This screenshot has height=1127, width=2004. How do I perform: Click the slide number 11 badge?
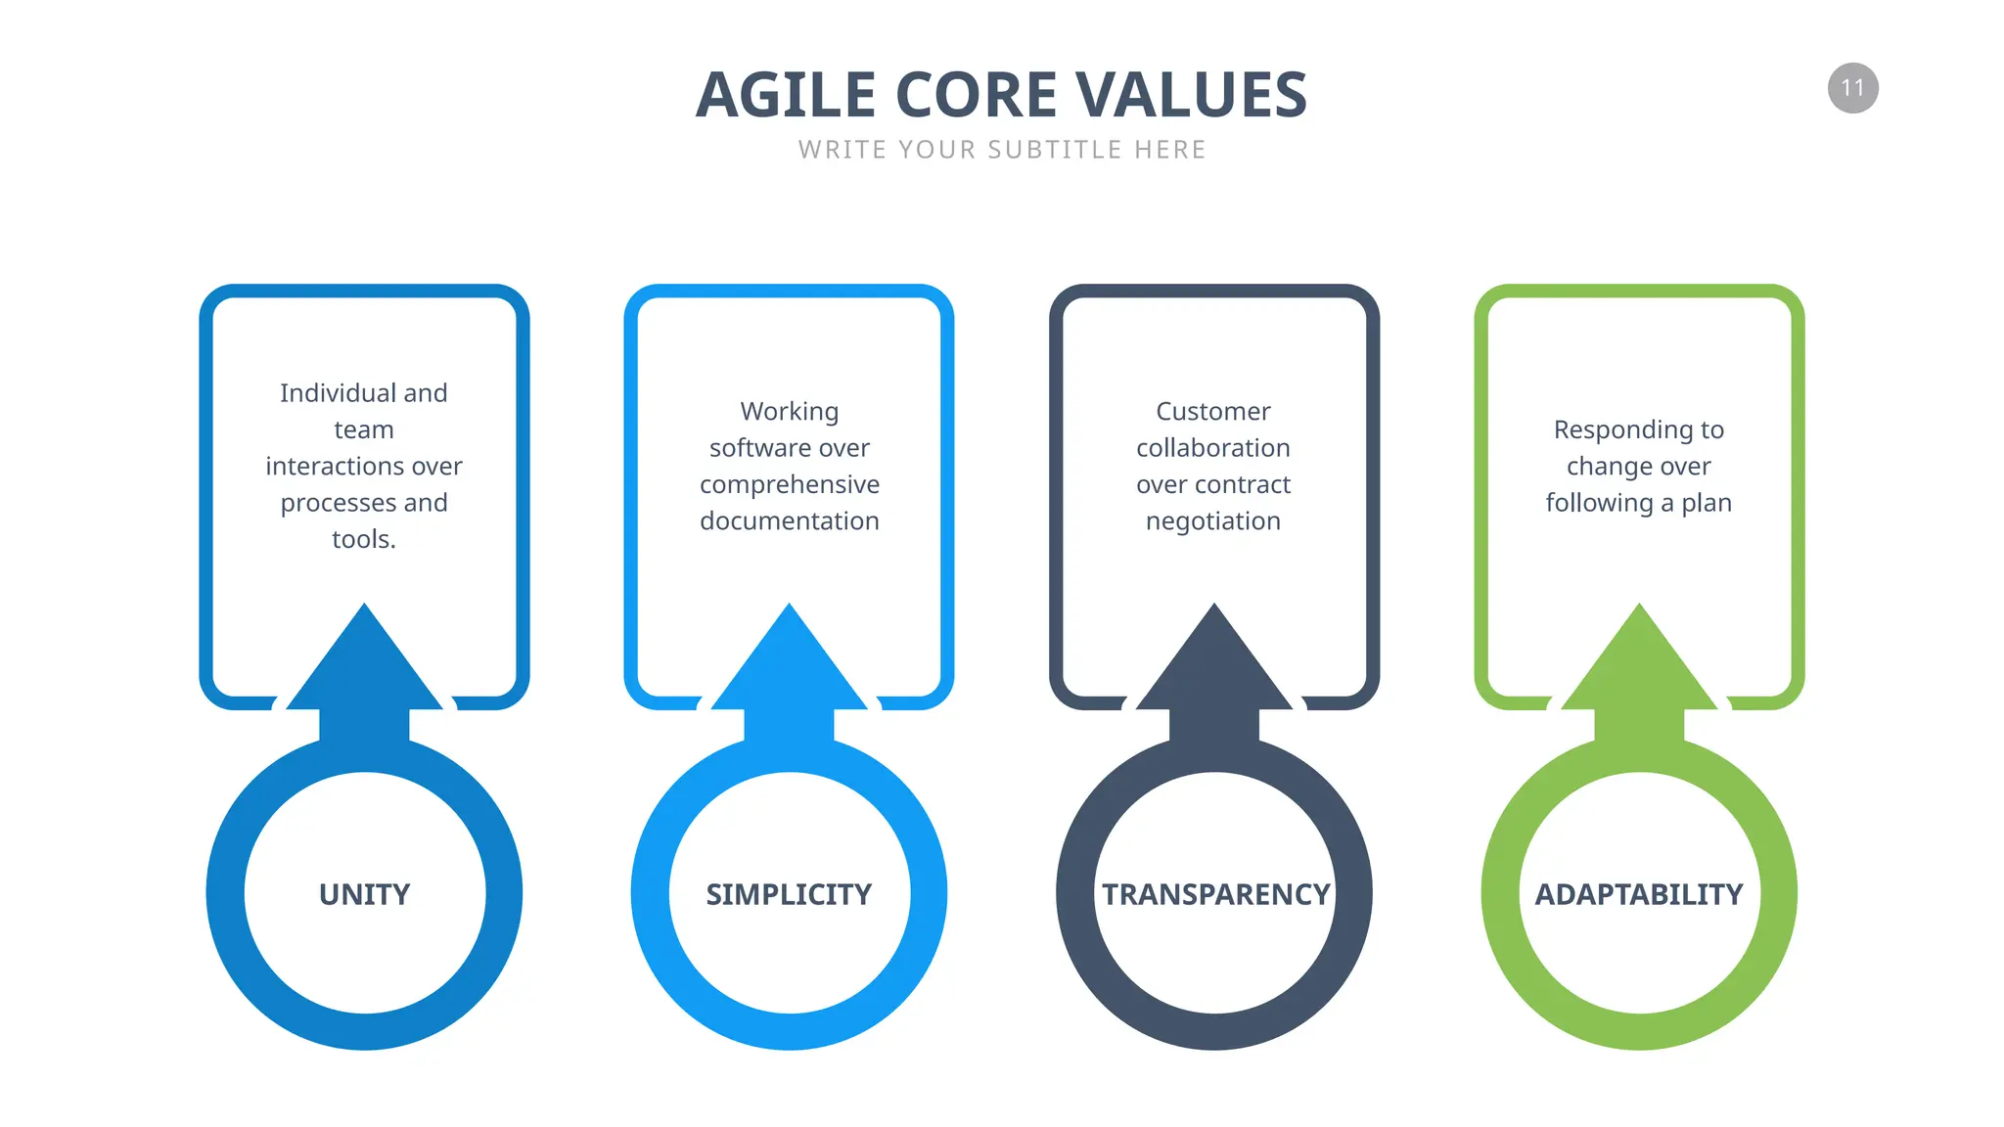pyautogui.click(x=1852, y=88)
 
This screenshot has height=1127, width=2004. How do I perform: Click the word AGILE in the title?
pyautogui.click(x=785, y=95)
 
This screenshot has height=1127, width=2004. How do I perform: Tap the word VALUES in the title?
pyautogui.click(x=1191, y=95)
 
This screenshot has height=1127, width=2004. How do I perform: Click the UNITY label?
pyautogui.click(x=364, y=894)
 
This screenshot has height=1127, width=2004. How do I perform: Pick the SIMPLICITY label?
pyautogui.click(x=789, y=894)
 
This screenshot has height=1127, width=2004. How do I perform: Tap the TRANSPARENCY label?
pyautogui.click(x=1215, y=894)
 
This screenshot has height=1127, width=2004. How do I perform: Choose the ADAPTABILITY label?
pyautogui.click(x=1639, y=894)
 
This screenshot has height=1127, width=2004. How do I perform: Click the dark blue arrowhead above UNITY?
pyautogui.click(x=364, y=665)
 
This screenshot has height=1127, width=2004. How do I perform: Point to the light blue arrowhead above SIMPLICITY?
pyautogui.click(x=789, y=665)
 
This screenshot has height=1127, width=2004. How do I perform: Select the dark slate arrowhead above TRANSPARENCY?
pyautogui.click(x=1214, y=665)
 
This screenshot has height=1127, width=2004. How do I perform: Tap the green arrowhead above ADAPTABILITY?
pyautogui.click(x=1639, y=665)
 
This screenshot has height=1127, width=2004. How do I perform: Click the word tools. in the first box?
pyautogui.click(x=364, y=539)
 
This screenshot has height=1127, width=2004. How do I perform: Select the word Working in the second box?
pyautogui.click(x=789, y=411)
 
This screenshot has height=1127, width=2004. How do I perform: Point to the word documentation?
pyautogui.click(x=789, y=520)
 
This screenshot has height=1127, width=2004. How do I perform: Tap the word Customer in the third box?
pyautogui.click(x=1213, y=411)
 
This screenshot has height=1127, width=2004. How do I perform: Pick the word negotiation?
pyautogui.click(x=1213, y=521)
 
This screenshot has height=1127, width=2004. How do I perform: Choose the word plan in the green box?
pyautogui.click(x=1707, y=503)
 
